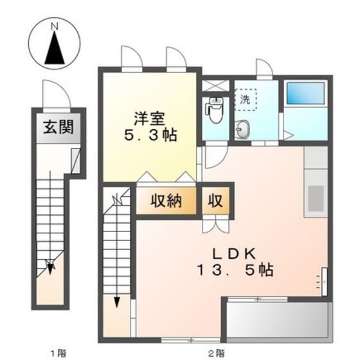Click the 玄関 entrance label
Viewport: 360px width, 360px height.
tap(58, 127)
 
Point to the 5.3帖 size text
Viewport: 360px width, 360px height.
tap(151, 136)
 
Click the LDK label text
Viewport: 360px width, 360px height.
tap(228, 253)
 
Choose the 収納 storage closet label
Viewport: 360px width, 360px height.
tap(166, 201)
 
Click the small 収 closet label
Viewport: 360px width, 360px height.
tap(215, 201)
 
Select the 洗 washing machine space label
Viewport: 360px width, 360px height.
tap(245, 100)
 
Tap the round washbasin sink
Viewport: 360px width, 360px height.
tap(243, 130)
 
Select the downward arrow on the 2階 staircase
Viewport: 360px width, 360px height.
tap(118, 302)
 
